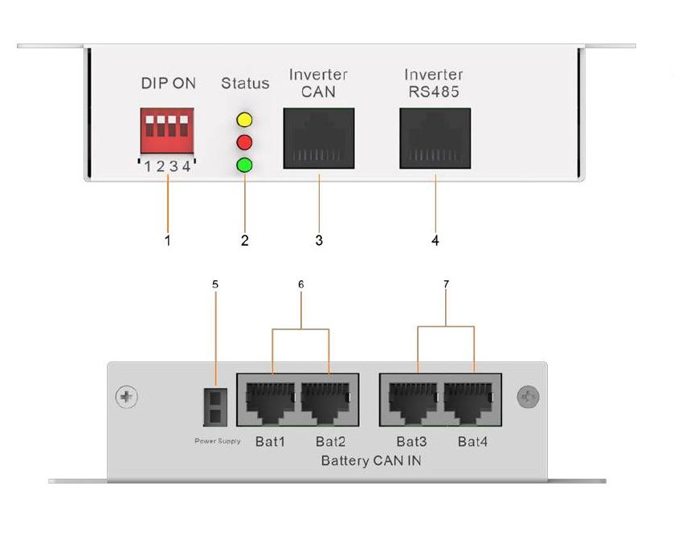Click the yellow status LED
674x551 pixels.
coord(244,121)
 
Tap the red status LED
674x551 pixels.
coord(244,144)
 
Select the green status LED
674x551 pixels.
coord(244,166)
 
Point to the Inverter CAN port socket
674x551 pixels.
coord(318,139)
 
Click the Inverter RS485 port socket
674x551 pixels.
coord(435,139)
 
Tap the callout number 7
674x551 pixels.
coord(446,284)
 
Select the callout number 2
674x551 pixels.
coord(244,240)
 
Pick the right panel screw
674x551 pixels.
coord(528,397)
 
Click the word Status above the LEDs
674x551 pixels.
coord(244,84)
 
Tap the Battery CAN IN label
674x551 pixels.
coord(370,461)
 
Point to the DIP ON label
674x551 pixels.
coord(168,84)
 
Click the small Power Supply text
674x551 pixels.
coord(217,441)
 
